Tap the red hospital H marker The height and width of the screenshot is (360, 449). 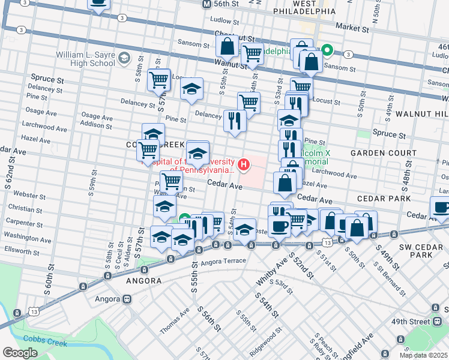(x=244, y=164)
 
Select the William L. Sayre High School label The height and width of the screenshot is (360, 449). (x=85, y=59)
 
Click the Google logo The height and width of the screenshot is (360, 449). (x=20, y=353)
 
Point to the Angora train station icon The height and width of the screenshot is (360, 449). (x=127, y=299)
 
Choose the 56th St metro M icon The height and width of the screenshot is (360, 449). (x=206, y=4)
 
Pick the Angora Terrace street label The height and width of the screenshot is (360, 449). (x=224, y=261)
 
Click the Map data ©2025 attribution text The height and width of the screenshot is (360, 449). (x=415, y=355)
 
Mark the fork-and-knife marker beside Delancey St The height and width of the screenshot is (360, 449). (x=235, y=121)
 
